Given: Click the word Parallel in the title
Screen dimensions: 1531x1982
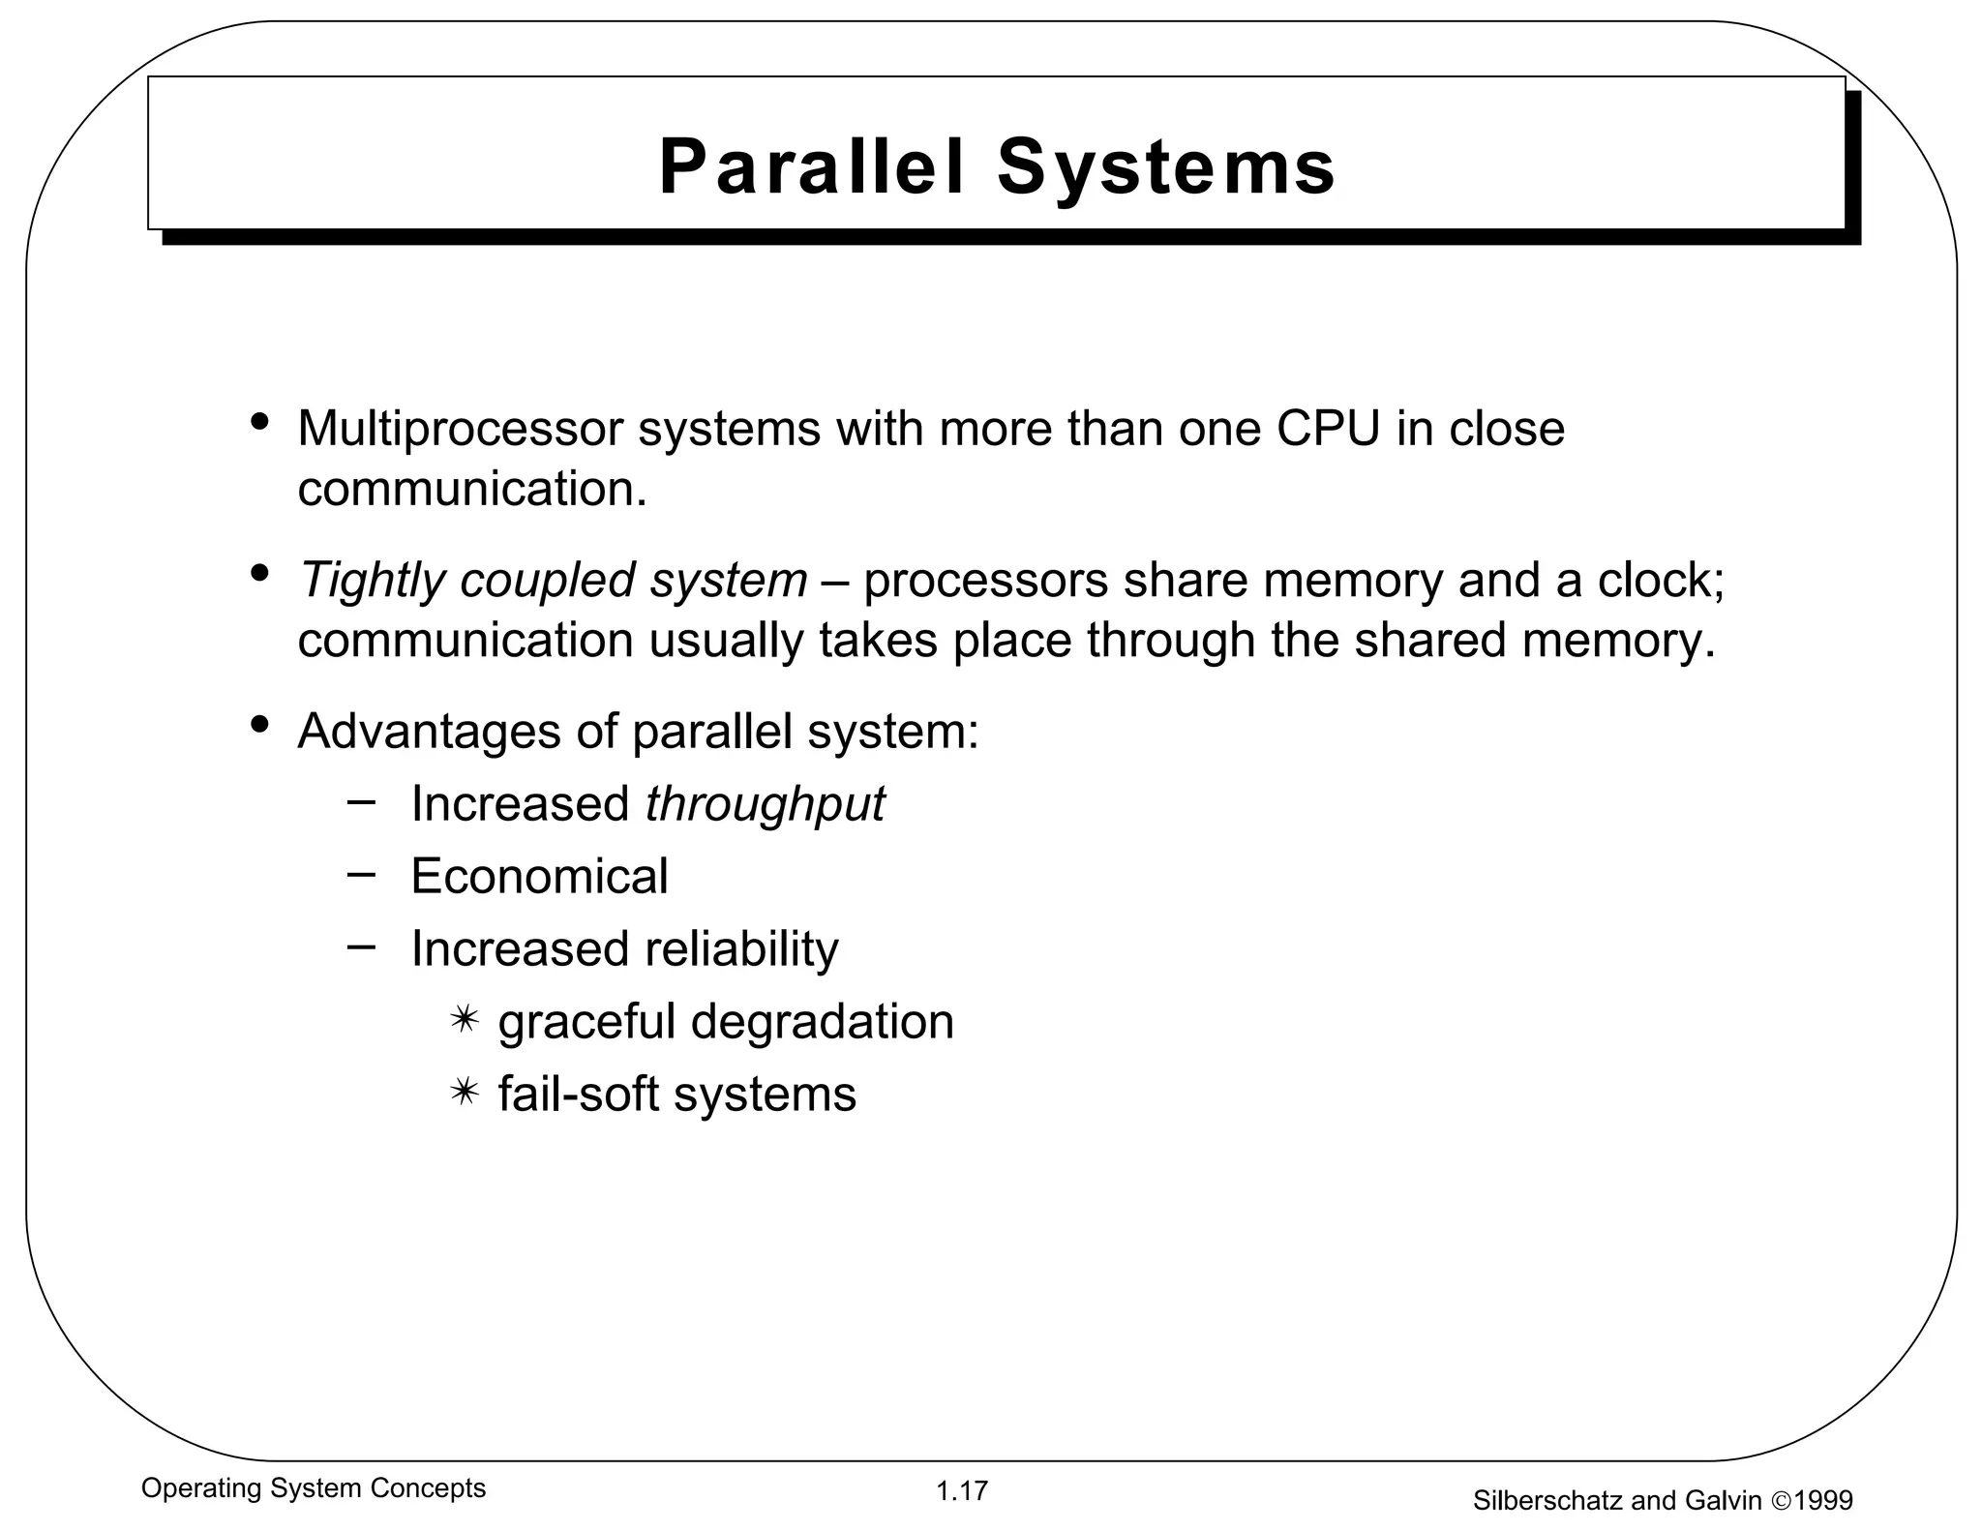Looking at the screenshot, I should click(811, 167).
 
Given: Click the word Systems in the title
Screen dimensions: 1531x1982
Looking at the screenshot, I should click(1166, 167).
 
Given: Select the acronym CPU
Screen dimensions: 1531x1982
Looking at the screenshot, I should click(1328, 428).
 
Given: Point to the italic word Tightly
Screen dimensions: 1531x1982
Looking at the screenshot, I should click(372, 581).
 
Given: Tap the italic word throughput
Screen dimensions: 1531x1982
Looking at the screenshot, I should click(765, 804).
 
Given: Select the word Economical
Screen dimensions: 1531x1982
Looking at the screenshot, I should click(539, 876).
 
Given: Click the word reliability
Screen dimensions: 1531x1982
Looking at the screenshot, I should click(742, 948).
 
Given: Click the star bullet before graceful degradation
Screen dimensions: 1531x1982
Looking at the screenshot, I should click(465, 1020).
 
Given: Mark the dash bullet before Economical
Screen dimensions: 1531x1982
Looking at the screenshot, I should click(361, 873).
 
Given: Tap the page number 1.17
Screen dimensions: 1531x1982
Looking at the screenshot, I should click(961, 1491).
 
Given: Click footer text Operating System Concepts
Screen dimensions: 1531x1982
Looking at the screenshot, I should click(314, 1488).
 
